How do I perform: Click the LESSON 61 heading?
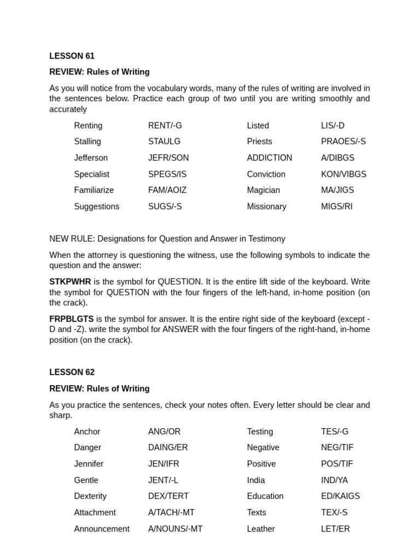(72, 56)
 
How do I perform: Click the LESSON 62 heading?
(72, 372)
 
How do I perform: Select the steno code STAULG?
(164, 142)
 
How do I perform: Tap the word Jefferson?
(91, 158)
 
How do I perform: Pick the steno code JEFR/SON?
(168, 158)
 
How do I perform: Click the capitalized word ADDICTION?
(269, 158)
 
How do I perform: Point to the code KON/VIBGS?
(343, 174)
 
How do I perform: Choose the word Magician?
(263, 190)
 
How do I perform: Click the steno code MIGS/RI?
(337, 207)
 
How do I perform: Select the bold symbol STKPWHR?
(70, 282)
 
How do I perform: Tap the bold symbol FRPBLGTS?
(71, 319)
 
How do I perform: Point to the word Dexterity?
(90, 497)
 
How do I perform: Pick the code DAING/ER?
(168, 447)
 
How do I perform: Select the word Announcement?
(102, 529)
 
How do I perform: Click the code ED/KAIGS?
(340, 497)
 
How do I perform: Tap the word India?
(256, 480)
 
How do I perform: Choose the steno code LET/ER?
(335, 529)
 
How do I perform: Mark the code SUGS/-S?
(165, 207)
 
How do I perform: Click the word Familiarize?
(94, 190)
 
